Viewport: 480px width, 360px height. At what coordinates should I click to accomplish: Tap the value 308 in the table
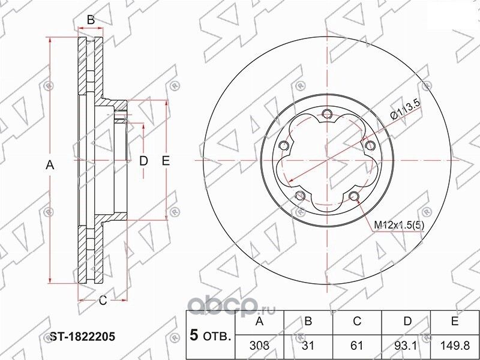coord(260,346)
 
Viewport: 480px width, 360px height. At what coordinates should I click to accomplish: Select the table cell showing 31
coord(308,346)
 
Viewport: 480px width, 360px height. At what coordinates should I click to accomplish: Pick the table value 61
coord(358,346)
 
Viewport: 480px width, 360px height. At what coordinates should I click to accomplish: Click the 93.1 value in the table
coord(407,346)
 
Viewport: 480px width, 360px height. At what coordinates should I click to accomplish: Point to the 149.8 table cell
coord(455,346)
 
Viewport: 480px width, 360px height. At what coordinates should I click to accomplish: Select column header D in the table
coord(407,322)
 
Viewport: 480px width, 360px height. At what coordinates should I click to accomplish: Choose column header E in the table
coord(455,322)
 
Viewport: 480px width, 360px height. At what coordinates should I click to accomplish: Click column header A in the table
coord(260,322)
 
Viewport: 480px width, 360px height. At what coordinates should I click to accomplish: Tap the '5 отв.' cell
coord(210,334)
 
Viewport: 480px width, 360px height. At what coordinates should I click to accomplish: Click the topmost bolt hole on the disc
coord(326,115)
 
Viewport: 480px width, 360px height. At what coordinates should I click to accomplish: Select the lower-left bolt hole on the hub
coord(299,196)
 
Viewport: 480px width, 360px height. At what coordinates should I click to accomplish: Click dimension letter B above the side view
coord(91,20)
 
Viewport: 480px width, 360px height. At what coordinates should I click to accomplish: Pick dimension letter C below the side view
coord(103,299)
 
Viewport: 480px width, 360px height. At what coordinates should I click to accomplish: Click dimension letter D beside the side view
coord(143,160)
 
